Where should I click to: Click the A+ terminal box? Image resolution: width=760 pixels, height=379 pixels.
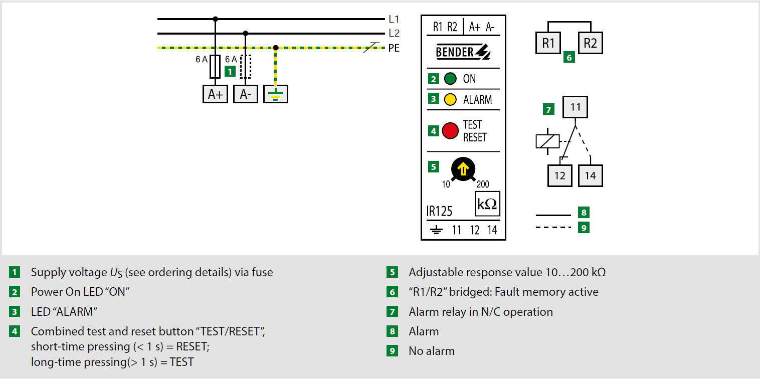215,94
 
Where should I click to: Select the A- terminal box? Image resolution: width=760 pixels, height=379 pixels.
245,94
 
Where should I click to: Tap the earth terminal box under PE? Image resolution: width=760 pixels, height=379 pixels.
276,94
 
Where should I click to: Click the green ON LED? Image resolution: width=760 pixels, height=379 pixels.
450,79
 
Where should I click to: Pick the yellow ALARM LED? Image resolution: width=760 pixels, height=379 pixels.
450,100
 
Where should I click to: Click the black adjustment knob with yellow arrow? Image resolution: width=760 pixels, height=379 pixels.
463,169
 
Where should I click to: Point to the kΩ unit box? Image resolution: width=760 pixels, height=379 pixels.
487,204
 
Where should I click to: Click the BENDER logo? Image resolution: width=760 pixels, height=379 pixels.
463,52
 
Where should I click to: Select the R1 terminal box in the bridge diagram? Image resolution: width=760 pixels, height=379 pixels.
548,43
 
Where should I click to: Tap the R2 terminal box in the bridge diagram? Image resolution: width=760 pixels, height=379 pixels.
591,43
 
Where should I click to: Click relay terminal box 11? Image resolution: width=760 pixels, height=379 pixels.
575,107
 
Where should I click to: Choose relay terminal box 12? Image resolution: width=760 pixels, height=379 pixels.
560,176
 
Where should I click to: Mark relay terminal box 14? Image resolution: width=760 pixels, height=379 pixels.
591,176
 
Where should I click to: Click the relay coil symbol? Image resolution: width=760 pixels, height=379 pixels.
547,141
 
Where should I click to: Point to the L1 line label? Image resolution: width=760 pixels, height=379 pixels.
394,19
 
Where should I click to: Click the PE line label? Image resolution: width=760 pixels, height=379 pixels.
394,48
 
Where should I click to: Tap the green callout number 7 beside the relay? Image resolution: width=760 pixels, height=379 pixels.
548,109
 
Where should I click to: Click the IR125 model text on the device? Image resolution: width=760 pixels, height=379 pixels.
439,211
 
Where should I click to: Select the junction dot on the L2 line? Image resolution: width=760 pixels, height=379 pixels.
246,33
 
